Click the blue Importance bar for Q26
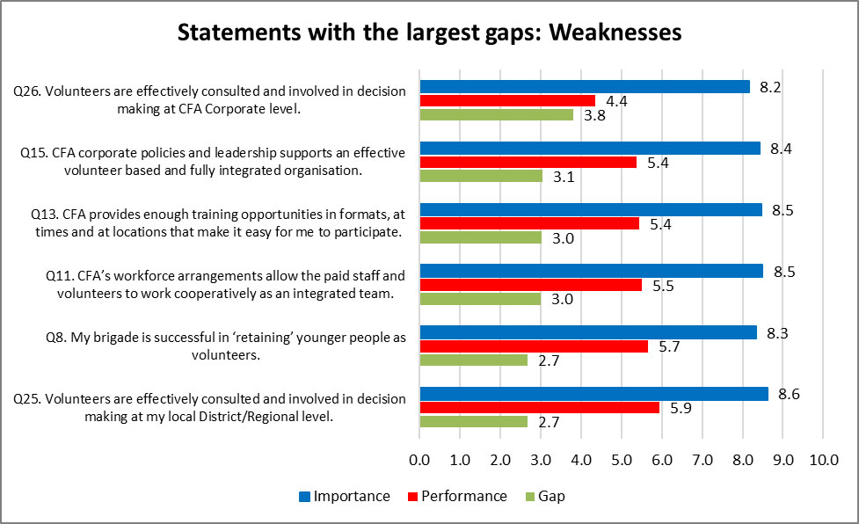585,87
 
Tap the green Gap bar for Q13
480,237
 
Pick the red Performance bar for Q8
534,346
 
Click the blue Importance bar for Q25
593,394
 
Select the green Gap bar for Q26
496,114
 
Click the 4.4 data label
616,101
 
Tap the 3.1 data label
564,176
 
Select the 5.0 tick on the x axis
621,459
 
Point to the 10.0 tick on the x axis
822,459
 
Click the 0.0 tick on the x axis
419,459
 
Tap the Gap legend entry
551,496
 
